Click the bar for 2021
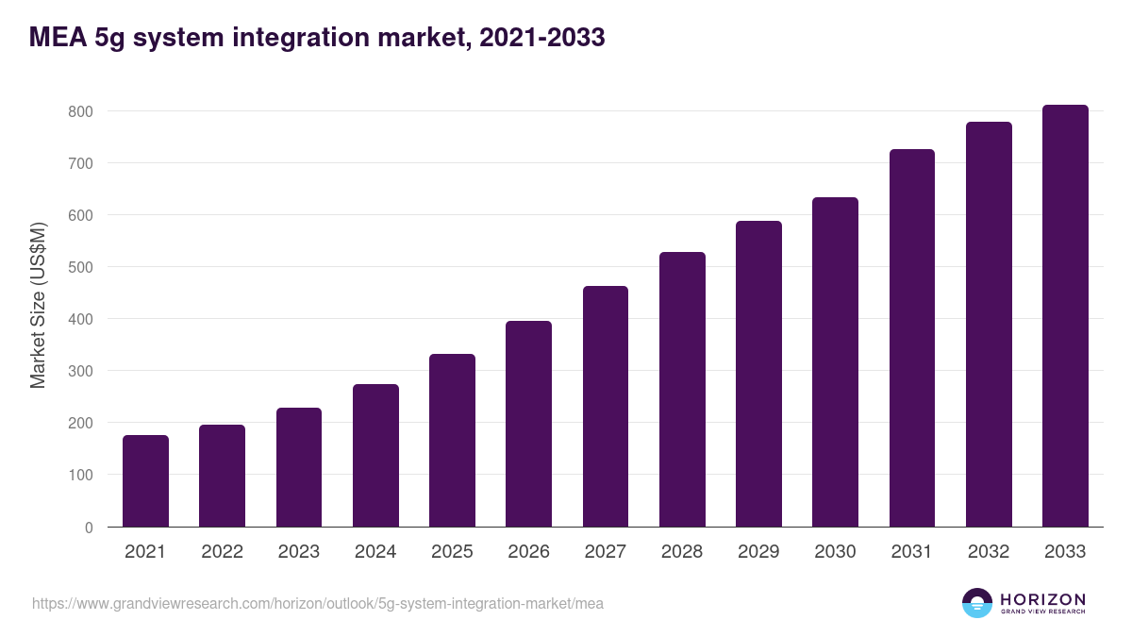[145, 480]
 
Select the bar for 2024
[375, 455]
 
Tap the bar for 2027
[606, 406]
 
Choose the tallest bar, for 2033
[1065, 315]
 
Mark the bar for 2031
[912, 338]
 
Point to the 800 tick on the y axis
[81, 111]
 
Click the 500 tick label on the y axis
[81, 267]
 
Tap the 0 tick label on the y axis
[89, 528]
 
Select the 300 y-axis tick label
[81, 371]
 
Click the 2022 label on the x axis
[222, 552]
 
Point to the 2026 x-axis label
[528, 552]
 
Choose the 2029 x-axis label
[758, 552]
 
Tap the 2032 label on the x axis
[989, 552]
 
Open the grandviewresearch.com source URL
[317, 603]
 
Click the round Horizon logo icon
[976, 603]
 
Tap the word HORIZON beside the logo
[1042, 598]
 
